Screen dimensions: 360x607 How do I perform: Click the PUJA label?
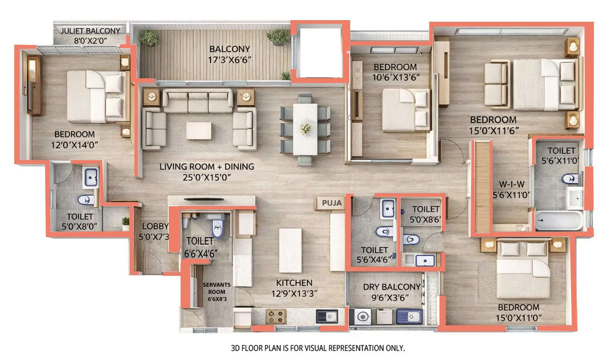tap(331, 203)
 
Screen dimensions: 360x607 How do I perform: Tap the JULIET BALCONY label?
tap(90, 31)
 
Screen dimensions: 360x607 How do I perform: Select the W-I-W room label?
tap(511, 184)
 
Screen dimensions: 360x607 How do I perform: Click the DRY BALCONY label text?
tap(392, 287)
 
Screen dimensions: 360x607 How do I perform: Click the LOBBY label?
tap(155, 226)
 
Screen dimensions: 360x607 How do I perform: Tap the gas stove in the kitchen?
tap(275, 316)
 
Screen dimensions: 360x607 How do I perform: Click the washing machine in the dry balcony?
tap(362, 317)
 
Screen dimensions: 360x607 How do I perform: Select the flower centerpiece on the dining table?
tap(305, 128)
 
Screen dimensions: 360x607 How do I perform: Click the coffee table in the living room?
tap(198, 130)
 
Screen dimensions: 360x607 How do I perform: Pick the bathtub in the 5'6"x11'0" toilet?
tap(559, 221)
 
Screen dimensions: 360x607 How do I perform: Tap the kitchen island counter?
tap(290, 250)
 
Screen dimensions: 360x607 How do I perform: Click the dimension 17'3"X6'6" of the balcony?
tap(230, 60)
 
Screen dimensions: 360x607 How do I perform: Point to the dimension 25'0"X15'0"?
tap(206, 177)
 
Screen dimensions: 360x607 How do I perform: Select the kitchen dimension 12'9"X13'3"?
tap(294, 294)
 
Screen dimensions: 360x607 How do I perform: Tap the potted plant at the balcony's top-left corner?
tap(149, 38)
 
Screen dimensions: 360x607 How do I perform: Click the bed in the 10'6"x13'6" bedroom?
tap(406, 109)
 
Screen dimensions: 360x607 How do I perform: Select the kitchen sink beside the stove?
tap(327, 317)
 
